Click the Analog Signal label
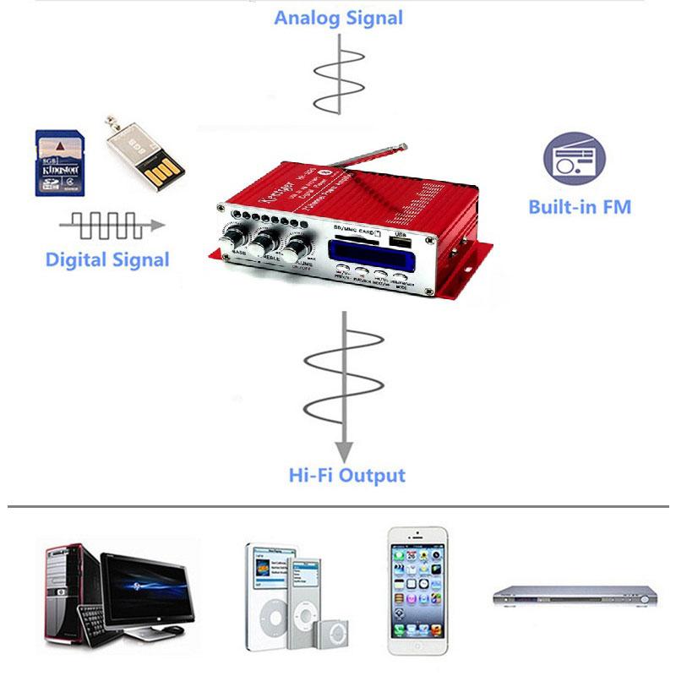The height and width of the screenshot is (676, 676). [x=339, y=17]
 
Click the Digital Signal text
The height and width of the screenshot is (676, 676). [x=107, y=259]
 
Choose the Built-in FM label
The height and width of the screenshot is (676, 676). [x=579, y=207]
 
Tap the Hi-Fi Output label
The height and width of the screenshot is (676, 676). [x=346, y=475]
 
